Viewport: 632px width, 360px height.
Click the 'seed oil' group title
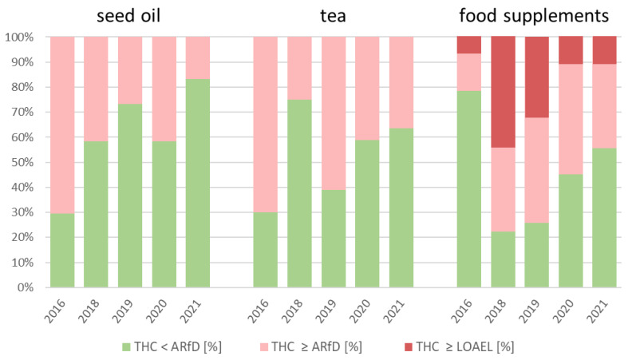[x=129, y=15]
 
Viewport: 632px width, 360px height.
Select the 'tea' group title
[x=333, y=15]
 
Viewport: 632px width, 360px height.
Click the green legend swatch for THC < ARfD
[x=127, y=347]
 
